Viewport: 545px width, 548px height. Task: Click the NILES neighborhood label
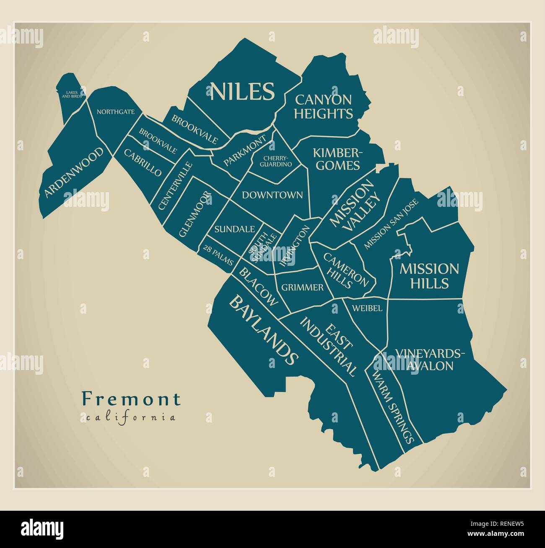coord(242,91)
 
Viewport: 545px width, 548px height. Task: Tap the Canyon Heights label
coord(323,107)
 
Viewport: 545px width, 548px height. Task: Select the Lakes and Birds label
coord(72,95)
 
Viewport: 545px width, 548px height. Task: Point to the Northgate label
coord(115,112)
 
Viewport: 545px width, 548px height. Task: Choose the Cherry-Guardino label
coord(275,161)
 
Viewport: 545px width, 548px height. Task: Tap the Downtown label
coord(272,195)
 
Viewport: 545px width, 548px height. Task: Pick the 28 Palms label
coord(218,255)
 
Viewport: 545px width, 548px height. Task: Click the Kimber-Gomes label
coord(337,159)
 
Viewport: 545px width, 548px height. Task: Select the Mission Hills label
coord(429,276)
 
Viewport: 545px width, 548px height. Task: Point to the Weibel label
coord(367,309)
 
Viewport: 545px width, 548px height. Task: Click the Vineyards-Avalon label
coord(430,360)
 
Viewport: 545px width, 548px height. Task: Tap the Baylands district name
coord(264,330)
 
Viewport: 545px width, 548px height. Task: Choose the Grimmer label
coord(302,288)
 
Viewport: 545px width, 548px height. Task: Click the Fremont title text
coord(131,399)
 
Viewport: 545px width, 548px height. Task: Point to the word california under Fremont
coord(131,417)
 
